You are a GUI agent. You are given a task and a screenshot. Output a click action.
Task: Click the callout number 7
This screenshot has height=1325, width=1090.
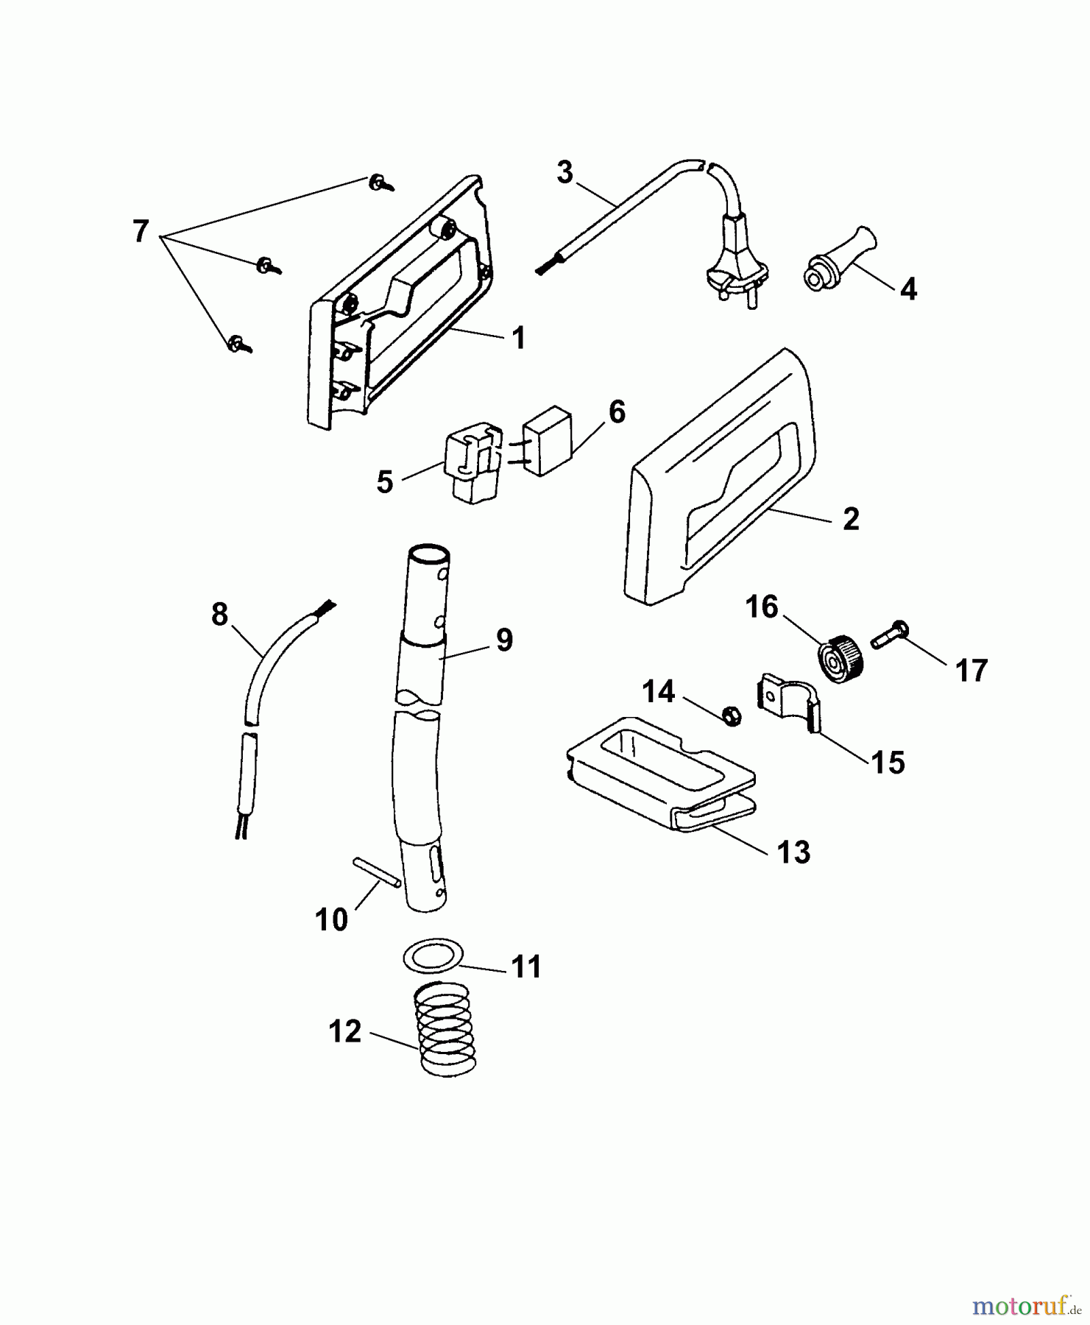[140, 231]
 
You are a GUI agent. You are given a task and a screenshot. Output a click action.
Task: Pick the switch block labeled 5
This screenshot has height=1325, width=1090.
[473, 462]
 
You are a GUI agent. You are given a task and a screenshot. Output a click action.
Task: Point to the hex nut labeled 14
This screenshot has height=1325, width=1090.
[731, 713]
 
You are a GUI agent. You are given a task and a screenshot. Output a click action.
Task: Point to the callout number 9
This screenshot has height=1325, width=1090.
[504, 640]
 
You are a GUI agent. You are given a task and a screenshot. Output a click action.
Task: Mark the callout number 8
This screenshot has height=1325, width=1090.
[219, 614]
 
